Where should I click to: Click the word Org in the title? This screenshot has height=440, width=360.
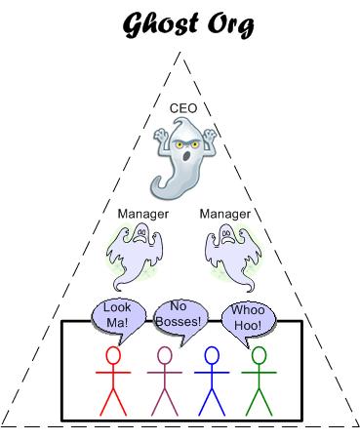(227, 24)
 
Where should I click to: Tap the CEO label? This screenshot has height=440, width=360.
(183, 107)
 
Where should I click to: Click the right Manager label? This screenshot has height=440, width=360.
(224, 212)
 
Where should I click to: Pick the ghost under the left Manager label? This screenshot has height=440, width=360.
(137, 254)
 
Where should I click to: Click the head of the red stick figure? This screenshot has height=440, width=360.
(113, 356)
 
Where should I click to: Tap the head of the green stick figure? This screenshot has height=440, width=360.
(259, 356)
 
